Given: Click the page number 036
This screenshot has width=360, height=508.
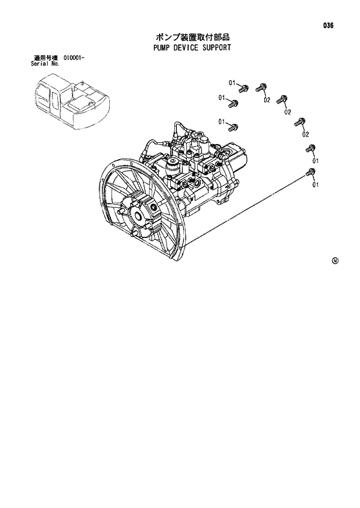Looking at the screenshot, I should (x=329, y=26).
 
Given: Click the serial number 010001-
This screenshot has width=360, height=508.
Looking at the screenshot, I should (x=72, y=58).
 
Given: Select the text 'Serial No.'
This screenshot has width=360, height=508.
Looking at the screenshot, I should (x=45, y=63).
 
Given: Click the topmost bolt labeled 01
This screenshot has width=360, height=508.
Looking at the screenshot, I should (x=244, y=89).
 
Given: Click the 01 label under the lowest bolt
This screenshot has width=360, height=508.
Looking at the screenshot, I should (x=315, y=185).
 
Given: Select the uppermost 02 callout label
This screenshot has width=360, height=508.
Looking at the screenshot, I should (x=267, y=100).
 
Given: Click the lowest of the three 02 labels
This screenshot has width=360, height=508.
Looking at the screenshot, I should (x=305, y=134).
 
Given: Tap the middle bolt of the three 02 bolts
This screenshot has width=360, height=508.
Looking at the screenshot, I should (x=282, y=99).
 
